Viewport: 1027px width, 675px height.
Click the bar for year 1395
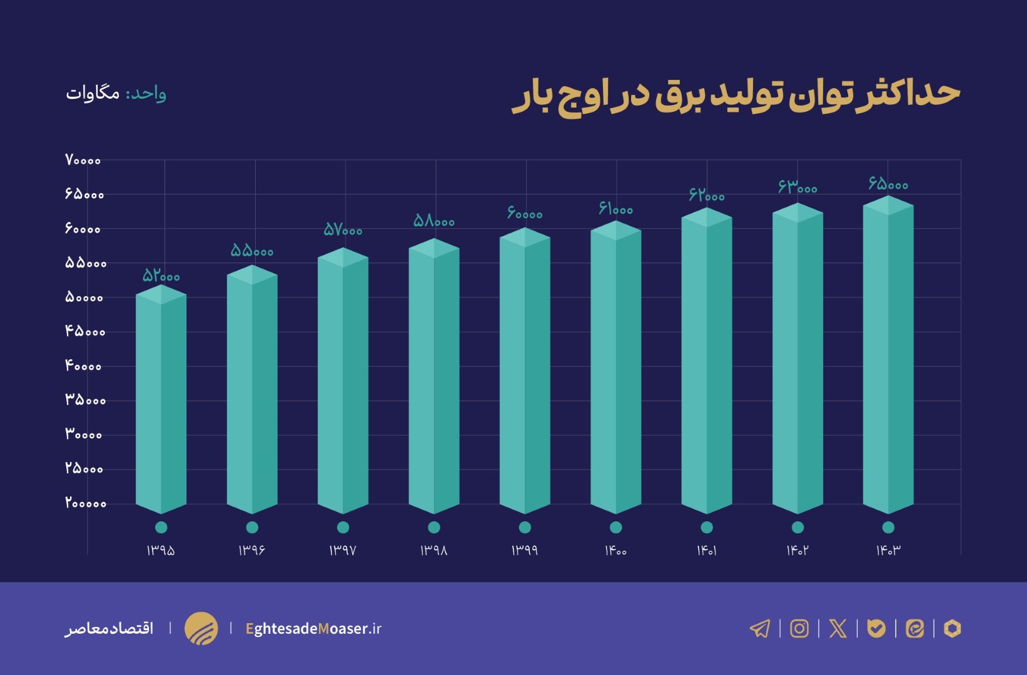pyautogui.click(x=161, y=400)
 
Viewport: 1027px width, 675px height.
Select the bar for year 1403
pyautogui.click(x=888, y=356)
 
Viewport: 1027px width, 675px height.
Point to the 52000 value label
pyautogui.click(x=161, y=276)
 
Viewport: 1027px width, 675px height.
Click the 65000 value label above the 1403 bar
pyautogui.click(x=888, y=184)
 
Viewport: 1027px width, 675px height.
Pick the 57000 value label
pyautogui.click(x=343, y=230)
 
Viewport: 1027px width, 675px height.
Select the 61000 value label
pyautogui.click(x=615, y=209)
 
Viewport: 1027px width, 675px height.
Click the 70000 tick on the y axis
pyautogui.click(x=83, y=160)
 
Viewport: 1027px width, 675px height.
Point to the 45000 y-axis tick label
pyautogui.click(x=85, y=331)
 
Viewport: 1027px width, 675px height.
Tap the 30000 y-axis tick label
pyautogui.click(x=83, y=434)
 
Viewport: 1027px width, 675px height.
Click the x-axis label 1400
pyautogui.click(x=615, y=551)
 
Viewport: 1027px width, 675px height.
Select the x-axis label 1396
pyautogui.click(x=251, y=551)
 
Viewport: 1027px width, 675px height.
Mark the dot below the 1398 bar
pyautogui.click(x=434, y=527)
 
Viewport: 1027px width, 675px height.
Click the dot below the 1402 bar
pyautogui.click(x=797, y=527)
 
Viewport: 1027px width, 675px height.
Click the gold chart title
pyautogui.click(x=736, y=95)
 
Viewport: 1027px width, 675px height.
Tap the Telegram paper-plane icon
pyautogui.click(x=760, y=628)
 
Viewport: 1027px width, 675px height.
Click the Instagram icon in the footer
pyautogui.click(x=799, y=628)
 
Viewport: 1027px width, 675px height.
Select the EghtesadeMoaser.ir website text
pyautogui.click(x=313, y=629)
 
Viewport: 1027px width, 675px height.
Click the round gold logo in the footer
pyautogui.click(x=201, y=628)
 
